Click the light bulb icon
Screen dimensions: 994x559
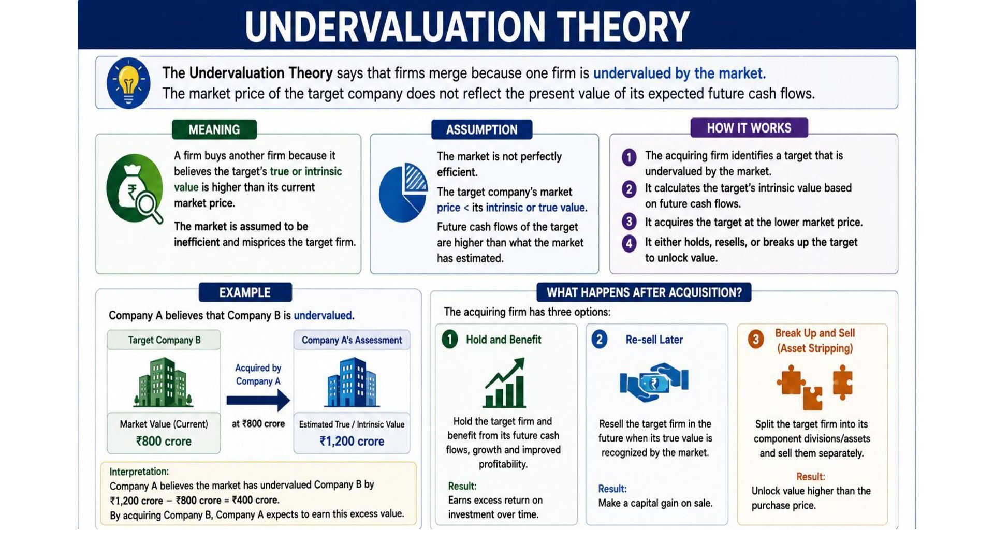click(128, 83)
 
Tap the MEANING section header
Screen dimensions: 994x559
click(214, 129)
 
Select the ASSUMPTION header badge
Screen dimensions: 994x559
click(481, 129)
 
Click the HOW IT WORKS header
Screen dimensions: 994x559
click(749, 128)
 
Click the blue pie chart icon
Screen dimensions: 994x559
click(403, 193)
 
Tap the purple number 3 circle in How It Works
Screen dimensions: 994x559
click(629, 222)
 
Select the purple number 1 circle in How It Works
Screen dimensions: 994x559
click(629, 157)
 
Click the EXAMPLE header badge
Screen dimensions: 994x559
click(245, 292)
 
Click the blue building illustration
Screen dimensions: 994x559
click(352, 382)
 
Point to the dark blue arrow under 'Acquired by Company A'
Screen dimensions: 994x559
click(258, 400)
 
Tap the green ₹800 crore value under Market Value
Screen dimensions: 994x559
click(164, 441)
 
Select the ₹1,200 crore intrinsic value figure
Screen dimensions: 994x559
click(352, 441)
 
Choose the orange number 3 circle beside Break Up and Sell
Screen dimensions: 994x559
click(756, 340)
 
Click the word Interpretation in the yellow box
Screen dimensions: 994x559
click(138, 472)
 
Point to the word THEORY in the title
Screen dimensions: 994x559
click(623, 27)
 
